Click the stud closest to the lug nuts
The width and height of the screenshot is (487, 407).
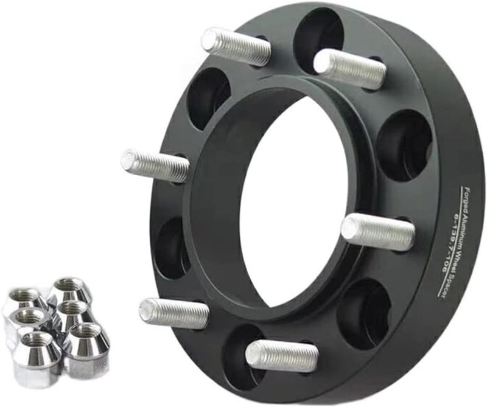tap(173, 312)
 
